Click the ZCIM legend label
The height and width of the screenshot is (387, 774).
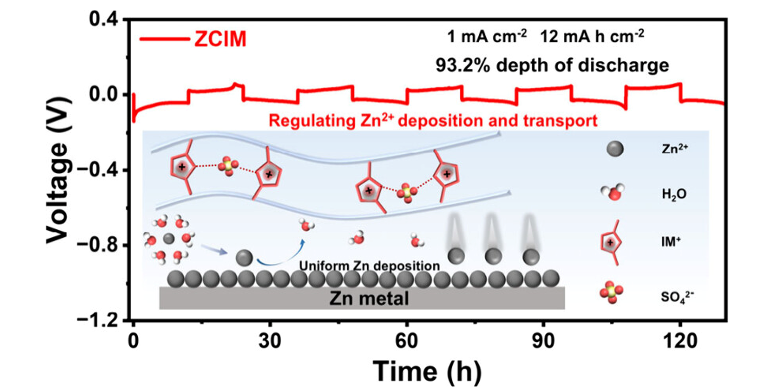click(220, 39)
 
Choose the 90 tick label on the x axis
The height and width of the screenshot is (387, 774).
click(543, 341)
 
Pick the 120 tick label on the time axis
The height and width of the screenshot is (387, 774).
click(680, 341)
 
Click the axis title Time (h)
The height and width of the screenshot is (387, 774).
click(427, 372)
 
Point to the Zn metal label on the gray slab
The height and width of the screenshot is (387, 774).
click(369, 298)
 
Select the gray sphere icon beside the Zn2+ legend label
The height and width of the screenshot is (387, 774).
click(615, 149)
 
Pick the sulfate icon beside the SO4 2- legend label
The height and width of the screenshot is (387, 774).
click(611, 292)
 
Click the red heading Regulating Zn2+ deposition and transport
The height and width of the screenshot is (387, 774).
click(433, 121)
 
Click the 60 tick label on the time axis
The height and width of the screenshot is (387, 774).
click(407, 341)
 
